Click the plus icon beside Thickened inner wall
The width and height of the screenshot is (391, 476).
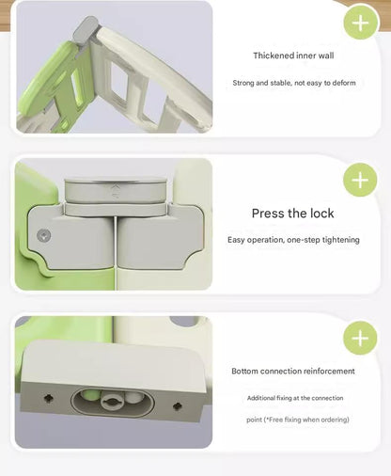pos(360,23)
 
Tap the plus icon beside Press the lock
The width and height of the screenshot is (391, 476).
pos(360,179)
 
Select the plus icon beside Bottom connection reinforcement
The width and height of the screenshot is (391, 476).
pos(360,337)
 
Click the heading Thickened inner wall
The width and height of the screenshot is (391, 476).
pos(293,56)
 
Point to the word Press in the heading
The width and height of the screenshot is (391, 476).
pos(269,214)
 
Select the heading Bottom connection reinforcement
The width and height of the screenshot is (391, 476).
pos(293,372)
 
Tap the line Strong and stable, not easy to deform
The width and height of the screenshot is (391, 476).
pos(293,83)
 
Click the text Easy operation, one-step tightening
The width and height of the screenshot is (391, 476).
pos(293,240)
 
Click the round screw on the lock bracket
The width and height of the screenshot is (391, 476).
pos(40,237)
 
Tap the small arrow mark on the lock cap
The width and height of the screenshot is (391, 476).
pos(117,188)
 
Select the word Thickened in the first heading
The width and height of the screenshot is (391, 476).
pos(273,56)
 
